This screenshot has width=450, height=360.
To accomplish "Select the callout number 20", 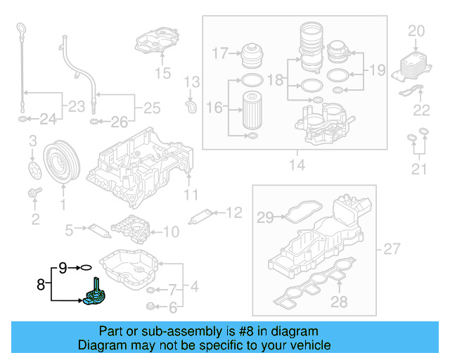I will [417, 30].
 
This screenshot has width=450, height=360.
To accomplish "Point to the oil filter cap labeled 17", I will [252, 54].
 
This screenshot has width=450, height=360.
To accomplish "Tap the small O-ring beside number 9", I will [86, 267].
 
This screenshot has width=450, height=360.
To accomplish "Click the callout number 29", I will [264, 218].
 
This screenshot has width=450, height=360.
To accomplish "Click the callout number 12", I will [233, 212].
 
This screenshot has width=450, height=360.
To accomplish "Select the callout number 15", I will [162, 72].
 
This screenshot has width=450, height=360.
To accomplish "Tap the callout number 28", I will [340, 302].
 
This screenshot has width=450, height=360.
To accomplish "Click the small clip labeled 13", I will [188, 106].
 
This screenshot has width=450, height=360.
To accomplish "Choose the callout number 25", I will [152, 108].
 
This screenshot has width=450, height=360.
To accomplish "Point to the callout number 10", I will [171, 231].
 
